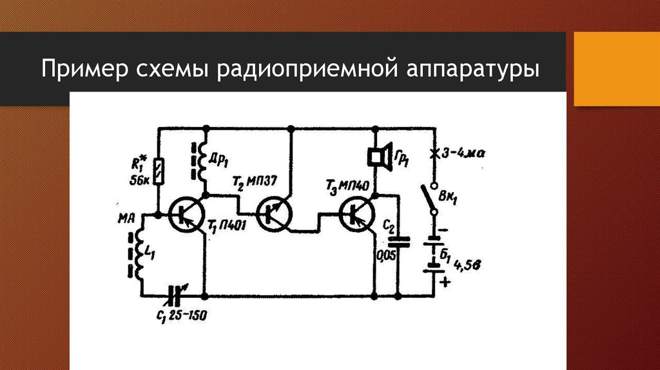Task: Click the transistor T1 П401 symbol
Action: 188,214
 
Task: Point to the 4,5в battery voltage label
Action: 467,264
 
